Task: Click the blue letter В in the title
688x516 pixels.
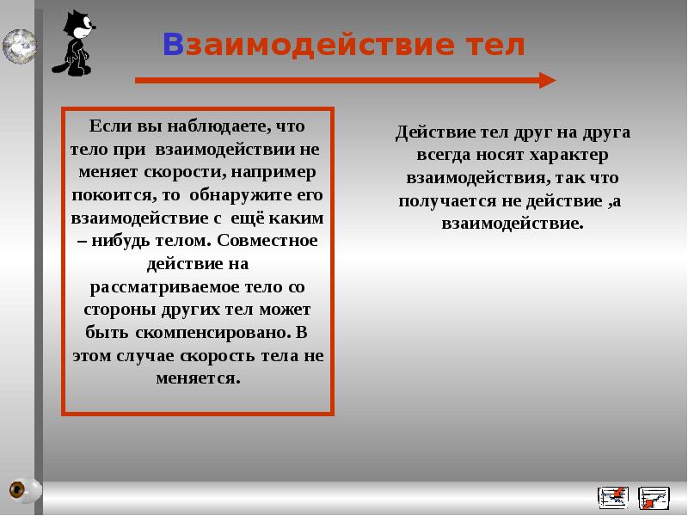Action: pyautogui.click(x=174, y=45)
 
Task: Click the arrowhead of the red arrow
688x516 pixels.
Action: pyautogui.click(x=547, y=80)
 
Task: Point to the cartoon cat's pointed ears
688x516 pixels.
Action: pyautogui.click(x=75, y=17)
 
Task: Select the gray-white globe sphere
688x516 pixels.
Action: pyautogui.click(x=18, y=45)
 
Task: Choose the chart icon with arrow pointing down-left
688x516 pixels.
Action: pyautogui.click(x=612, y=496)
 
